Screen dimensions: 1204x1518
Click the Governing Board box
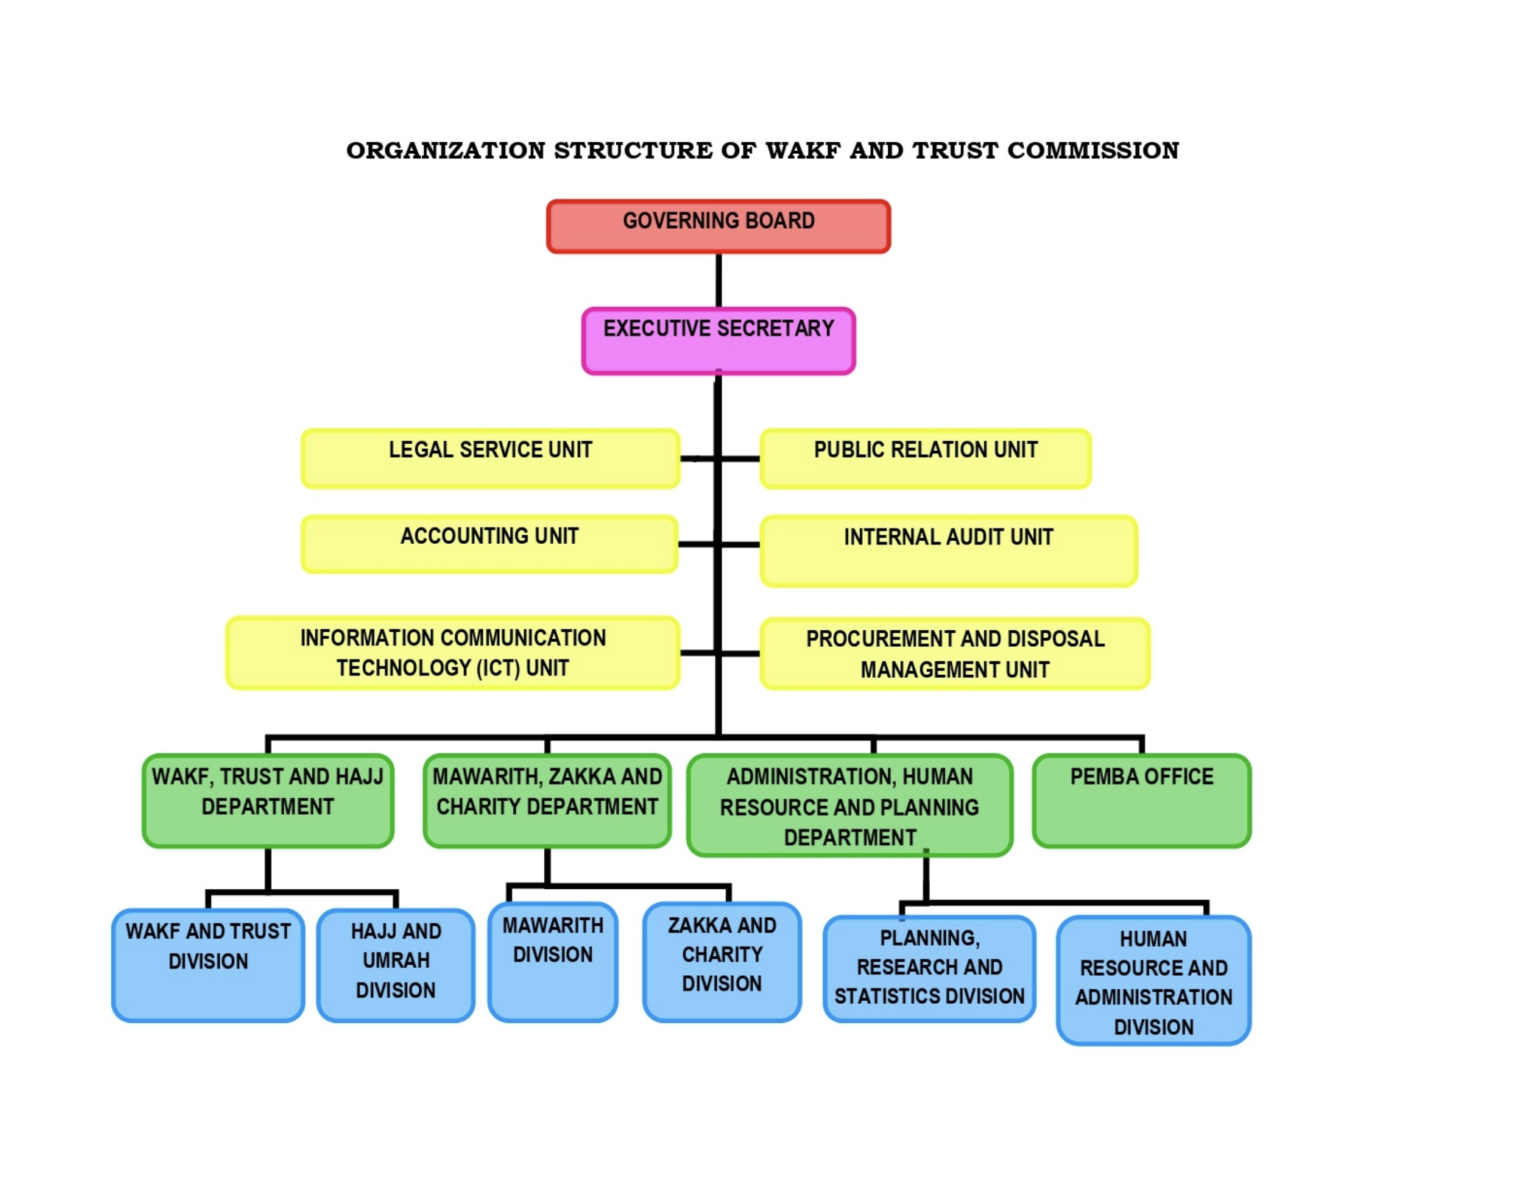click(718, 226)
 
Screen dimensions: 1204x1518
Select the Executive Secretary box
click(718, 341)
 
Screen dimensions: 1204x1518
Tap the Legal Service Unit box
click(490, 458)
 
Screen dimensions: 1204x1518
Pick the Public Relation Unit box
click(925, 458)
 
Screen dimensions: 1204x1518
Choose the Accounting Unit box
click(489, 544)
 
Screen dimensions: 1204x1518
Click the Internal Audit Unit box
click(948, 550)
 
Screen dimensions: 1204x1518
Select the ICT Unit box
click(453, 652)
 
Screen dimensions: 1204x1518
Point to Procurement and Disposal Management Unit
click(954, 654)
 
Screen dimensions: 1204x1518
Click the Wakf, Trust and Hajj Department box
click(267, 800)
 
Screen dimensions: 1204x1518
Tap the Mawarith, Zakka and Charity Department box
click(547, 800)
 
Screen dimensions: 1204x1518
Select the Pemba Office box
click(1141, 800)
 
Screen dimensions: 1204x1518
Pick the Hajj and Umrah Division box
click(395, 964)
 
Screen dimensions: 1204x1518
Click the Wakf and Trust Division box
click(208, 964)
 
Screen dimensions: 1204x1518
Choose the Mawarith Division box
click(552, 961)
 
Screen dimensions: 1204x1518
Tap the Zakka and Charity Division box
click(721, 961)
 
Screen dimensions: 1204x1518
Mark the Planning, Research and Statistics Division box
click(929, 968)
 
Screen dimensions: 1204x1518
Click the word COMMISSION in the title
click(1092, 150)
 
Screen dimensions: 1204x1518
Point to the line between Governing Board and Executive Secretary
click(719, 280)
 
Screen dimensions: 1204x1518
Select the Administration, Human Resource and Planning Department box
click(850, 805)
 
